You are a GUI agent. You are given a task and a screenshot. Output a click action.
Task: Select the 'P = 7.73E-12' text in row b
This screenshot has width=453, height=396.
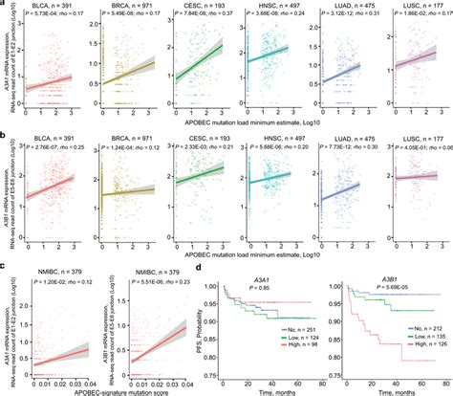coord(343,146)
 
